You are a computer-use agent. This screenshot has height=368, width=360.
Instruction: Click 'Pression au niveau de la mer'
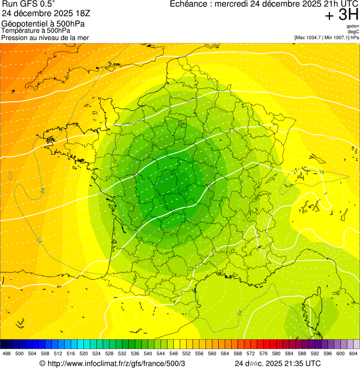[x=45, y=37]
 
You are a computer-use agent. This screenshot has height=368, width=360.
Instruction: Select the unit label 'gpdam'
[x=353, y=26]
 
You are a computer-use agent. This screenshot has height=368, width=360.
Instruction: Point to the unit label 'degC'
[x=354, y=32]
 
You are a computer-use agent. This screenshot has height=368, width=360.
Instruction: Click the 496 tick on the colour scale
[x=7, y=353]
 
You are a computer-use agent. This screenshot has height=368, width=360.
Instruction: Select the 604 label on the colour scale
[x=353, y=353]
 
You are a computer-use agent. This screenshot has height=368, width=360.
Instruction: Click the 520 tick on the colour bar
[x=84, y=353]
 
